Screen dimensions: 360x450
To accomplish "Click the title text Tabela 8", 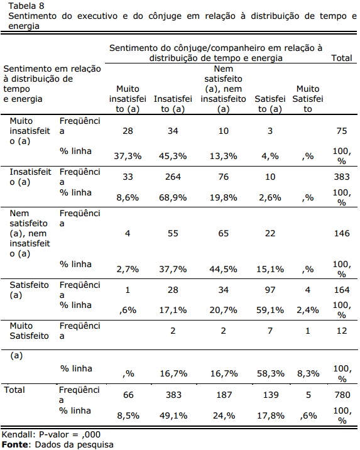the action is [26, 6].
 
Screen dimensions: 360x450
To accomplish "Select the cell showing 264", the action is [173, 177].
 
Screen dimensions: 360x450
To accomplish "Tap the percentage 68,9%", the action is [173, 197].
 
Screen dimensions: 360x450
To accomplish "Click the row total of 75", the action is [342, 131].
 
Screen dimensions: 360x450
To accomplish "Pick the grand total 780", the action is [342, 395].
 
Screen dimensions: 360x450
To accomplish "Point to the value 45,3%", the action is [173, 156].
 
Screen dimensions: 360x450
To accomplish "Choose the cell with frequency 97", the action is [270, 290].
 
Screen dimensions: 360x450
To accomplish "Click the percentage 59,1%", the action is [270, 310].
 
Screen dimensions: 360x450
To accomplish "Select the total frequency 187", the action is [224, 395].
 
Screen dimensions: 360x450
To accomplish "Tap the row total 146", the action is [342, 233].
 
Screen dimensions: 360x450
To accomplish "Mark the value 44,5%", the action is [223, 269].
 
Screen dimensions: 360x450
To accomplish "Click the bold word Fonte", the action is [15, 445].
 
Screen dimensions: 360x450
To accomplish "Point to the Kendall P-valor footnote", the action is [51, 434].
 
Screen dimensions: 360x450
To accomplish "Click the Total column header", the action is [341, 58].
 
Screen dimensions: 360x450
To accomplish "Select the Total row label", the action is [14, 390].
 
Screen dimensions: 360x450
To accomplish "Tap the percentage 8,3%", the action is [308, 373].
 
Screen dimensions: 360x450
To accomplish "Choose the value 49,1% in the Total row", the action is [173, 415].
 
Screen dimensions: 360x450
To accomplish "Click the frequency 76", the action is [223, 177].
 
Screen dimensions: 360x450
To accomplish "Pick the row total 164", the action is [342, 290].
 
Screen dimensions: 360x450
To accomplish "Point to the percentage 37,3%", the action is [128, 156].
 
